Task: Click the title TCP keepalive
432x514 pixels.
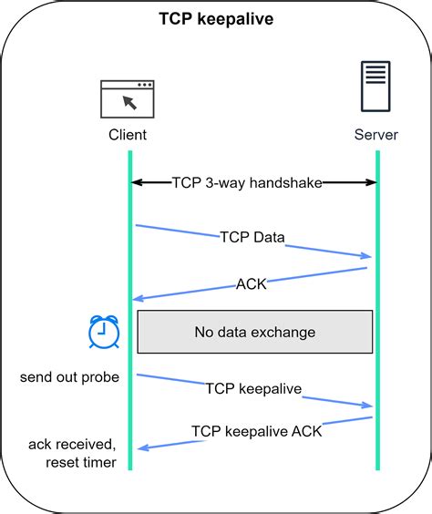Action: tap(216, 18)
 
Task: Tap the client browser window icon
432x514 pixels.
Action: tap(127, 98)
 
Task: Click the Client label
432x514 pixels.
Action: tap(127, 135)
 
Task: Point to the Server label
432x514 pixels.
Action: tap(376, 135)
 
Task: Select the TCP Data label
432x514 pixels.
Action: tap(252, 237)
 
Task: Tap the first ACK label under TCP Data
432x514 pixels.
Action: tap(251, 283)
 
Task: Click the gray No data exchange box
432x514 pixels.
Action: tap(254, 332)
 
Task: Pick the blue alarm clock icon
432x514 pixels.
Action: tap(104, 331)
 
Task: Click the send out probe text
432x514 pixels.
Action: tap(69, 377)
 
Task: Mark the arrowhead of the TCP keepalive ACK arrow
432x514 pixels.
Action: tap(139, 447)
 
